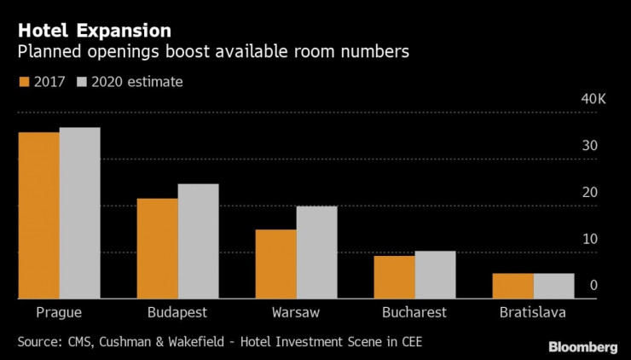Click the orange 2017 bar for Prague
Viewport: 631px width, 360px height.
coord(38,215)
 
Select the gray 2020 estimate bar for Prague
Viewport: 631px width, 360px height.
coord(79,213)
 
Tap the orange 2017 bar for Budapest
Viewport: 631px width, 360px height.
coord(157,248)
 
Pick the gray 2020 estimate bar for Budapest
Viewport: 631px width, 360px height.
coord(198,241)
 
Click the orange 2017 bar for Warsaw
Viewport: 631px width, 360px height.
coord(275,264)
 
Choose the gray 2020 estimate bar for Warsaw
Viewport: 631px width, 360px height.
coord(316,253)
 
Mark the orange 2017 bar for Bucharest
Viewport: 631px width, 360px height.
coord(394,277)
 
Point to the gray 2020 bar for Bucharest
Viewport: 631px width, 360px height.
coord(435,275)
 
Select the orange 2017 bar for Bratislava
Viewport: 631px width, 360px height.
coord(512,286)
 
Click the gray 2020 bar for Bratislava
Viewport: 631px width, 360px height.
coord(553,286)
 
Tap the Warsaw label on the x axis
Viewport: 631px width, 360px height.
coord(296,312)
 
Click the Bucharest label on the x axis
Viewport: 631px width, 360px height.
coord(414,312)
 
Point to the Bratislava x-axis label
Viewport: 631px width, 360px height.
coord(533,312)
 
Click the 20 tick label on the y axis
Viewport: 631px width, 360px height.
coord(589,194)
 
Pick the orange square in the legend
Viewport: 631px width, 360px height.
coord(24,83)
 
